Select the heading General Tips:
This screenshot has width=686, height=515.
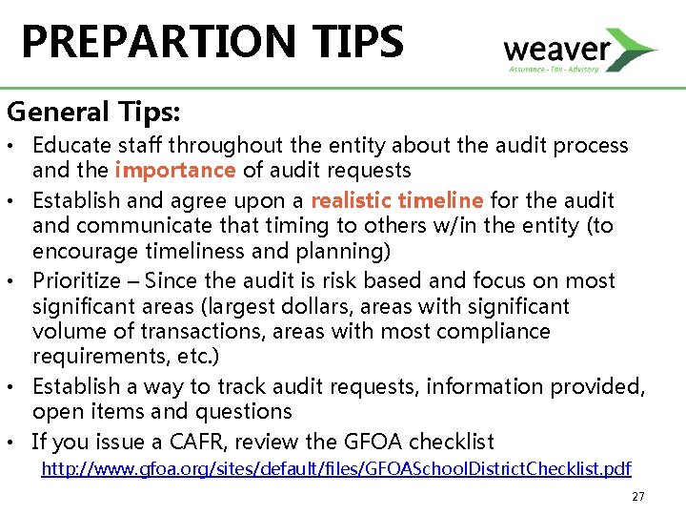94,112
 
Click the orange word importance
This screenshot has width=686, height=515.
174,171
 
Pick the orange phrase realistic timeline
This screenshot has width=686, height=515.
396,200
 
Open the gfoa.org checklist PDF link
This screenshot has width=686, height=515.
335,468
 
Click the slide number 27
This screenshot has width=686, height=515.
639,496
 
